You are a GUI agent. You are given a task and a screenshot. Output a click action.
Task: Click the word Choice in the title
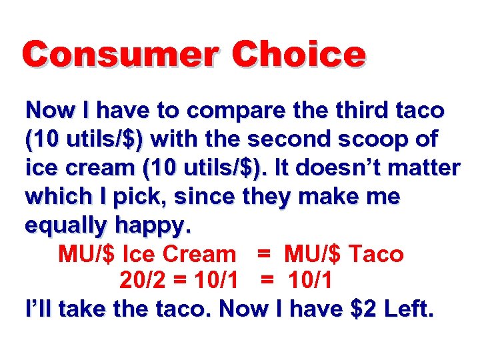coord(299,54)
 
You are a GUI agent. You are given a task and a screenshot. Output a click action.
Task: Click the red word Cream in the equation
coord(199,254)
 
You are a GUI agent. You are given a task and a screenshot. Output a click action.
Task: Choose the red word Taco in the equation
coord(377,254)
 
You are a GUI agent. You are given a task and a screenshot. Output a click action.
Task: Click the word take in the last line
coord(81,309)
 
